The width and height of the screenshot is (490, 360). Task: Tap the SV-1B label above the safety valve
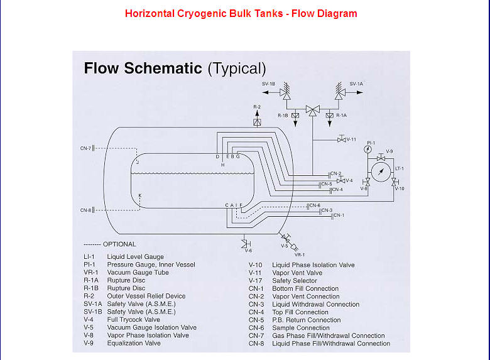[269, 84]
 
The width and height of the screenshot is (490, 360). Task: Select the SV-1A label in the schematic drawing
[356, 84]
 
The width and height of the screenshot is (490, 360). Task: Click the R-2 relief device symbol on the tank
[256, 122]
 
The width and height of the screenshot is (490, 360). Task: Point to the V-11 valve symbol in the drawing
[340, 139]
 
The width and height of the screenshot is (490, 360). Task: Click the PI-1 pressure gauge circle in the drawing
[371, 151]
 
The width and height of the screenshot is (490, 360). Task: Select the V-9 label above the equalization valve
[389, 151]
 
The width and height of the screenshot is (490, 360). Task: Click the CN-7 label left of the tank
[85, 148]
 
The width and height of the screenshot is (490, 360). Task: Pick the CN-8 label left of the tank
[85, 210]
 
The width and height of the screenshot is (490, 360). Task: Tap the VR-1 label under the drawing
[300, 254]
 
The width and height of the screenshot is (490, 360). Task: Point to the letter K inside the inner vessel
[139, 196]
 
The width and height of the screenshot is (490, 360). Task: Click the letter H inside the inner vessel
[222, 165]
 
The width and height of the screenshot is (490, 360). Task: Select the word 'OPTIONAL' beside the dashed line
[119, 244]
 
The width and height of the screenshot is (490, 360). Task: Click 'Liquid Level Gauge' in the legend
[135, 257]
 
